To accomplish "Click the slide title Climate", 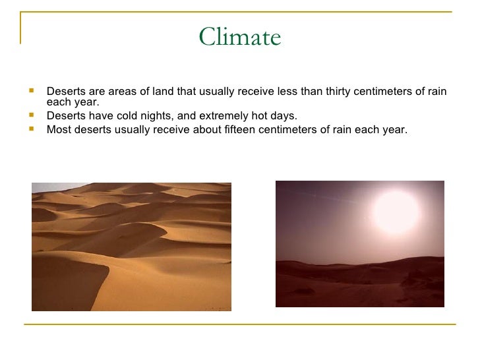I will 240,37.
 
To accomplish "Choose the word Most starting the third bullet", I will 58,129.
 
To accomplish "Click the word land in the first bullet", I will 157,91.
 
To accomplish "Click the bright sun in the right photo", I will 396,212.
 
